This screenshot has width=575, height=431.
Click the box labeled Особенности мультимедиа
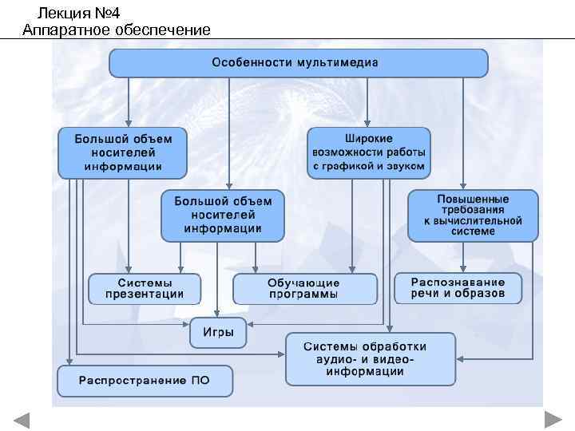(298, 62)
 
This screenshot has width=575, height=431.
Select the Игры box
(217, 333)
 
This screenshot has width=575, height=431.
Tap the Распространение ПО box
(144, 381)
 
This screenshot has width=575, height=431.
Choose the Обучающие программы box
(303, 288)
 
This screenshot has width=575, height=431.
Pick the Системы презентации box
(145, 288)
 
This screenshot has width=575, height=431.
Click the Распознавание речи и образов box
(458, 287)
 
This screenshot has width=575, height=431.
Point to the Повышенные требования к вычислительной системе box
(472, 215)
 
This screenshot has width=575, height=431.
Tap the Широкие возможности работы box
(368, 152)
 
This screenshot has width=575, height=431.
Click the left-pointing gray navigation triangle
(22, 421)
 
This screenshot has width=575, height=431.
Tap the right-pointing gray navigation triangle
(553, 421)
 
